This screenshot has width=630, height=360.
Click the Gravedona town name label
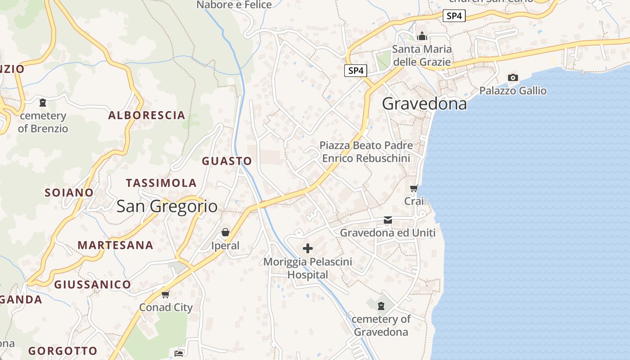(x=424, y=104)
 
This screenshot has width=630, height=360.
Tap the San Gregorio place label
(x=167, y=206)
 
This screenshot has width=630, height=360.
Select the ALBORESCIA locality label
(x=147, y=115)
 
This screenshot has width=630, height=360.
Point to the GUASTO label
(x=227, y=161)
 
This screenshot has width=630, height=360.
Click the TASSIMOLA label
(x=161, y=183)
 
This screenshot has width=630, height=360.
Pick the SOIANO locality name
(x=69, y=193)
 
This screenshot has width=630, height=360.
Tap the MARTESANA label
(x=115, y=245)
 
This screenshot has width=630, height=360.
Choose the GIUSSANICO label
(x=92, y=284)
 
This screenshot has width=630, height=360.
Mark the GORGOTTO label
(x=63, y=351)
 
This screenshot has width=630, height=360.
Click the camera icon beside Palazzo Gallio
(x=513, y=77)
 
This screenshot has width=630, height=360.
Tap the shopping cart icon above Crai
(x=414, y=188)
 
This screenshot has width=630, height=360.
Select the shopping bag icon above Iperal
(x=225, y=232)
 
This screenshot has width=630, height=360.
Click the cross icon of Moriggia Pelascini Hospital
(x=308, y=248)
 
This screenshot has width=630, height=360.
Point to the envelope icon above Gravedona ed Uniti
(x=388, y=220)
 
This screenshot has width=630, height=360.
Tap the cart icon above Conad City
(x=165, y=294)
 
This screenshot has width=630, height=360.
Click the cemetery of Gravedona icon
(x=381, y=306)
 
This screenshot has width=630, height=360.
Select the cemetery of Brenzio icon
(x=43, y=103)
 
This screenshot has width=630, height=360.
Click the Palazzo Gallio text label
(x=513, y=91)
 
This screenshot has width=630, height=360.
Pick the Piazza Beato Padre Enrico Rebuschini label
(x=366, y=152)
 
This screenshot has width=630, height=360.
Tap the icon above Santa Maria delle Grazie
(x=422, y=36)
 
